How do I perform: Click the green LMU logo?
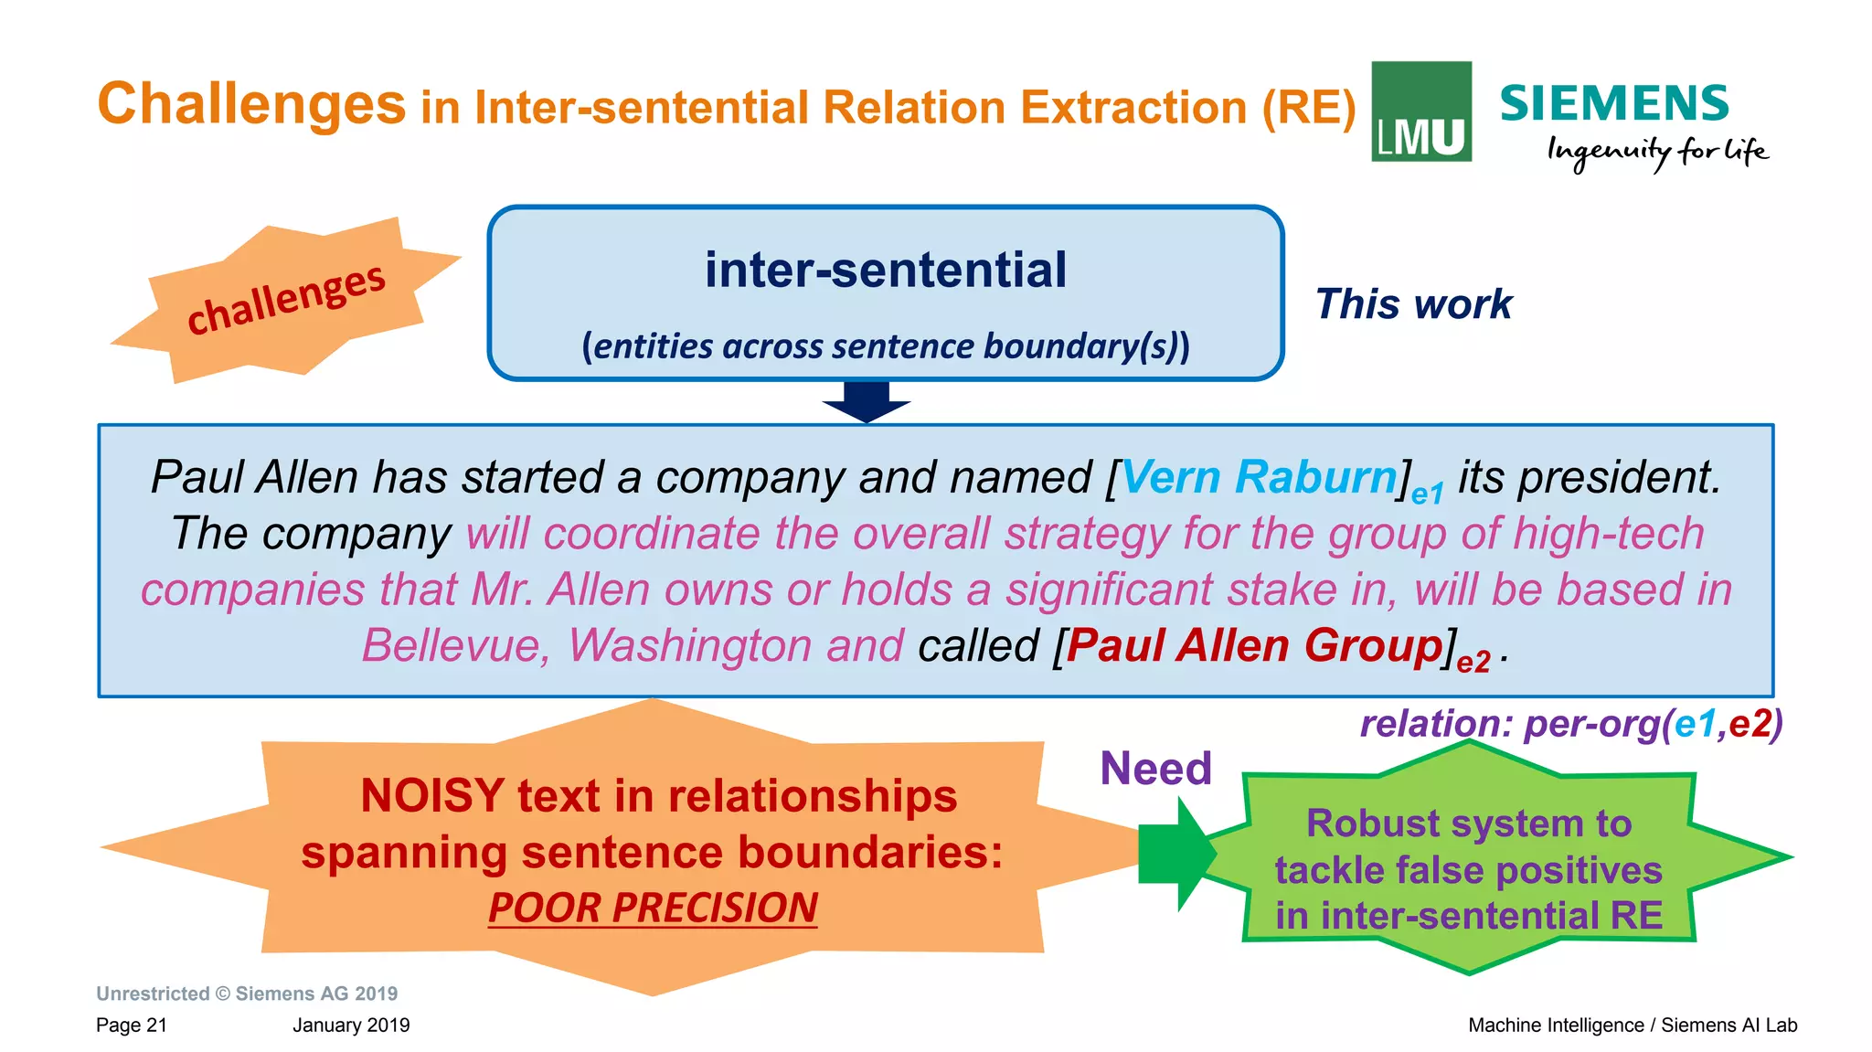1420,112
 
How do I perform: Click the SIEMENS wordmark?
1614,103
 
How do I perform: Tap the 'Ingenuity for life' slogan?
1656,152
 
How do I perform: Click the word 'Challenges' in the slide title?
251,103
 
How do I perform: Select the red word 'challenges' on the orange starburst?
285,299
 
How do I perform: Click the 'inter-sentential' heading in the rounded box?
885,271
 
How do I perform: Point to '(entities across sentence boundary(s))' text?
885,346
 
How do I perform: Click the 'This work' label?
1413,304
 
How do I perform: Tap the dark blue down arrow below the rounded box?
866,400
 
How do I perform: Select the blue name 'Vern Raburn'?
1259,477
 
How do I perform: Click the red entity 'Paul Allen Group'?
1254,645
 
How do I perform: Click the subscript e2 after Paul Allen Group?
1473,662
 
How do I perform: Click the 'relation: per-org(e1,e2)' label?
1570,724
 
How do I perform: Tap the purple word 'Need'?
1155,769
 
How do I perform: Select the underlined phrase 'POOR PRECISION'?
653,909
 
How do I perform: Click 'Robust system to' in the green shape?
1468,824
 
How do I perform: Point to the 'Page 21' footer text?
132,1025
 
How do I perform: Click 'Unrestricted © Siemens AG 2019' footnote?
247,994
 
